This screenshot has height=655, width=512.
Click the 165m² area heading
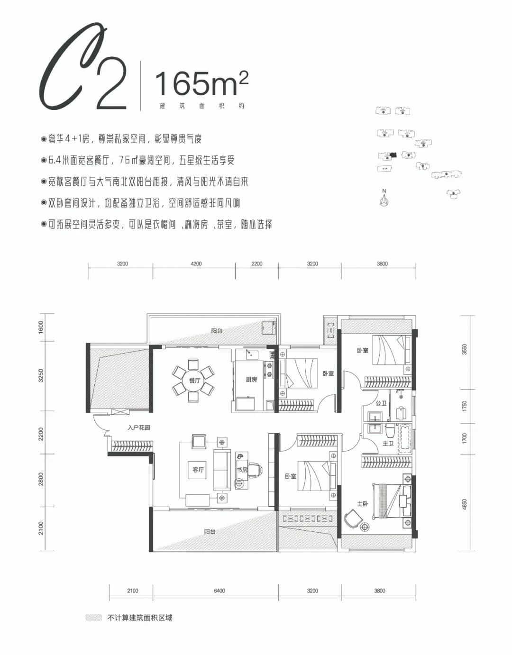point(201,83)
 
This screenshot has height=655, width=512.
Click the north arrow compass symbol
point(384,199)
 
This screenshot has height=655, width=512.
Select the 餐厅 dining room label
point(194,381)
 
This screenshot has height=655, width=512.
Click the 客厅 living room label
point(198,470)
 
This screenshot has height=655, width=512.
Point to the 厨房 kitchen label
point(251,380)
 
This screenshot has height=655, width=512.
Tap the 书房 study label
point(242,470)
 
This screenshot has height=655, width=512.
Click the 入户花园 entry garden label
point(139,428)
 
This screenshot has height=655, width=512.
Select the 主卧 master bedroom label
point(363,504)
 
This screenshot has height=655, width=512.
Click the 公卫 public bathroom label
point(381,403)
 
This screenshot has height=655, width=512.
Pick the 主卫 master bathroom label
point(388,444)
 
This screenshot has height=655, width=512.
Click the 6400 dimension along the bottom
point(219,591)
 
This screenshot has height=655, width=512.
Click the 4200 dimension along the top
point(196,264)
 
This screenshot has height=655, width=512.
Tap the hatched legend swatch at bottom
point(94,618)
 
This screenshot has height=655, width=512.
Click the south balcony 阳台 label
point(210,532)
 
